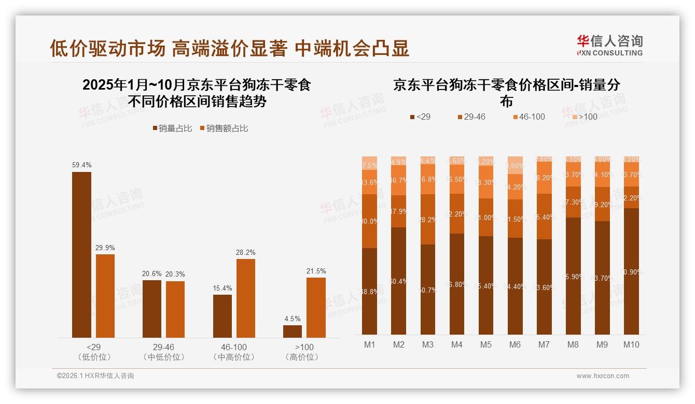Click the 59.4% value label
click(x=81, y=165)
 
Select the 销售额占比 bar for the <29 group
click(x=105, y=296)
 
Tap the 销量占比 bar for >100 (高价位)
click(x=293, y=331)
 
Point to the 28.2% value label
click(x=246, y=252)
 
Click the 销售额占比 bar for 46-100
click(x=246, y=298)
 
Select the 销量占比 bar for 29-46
click(x=152, y=309)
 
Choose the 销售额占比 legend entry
click(x=224, y=128)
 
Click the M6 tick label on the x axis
click(x=515, y=345)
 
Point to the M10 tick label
click(x=631, y=345)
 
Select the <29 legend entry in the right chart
click(x=420, y=117)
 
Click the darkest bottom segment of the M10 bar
click(x=631, y=271)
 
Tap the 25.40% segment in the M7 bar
click(x=544, y=217)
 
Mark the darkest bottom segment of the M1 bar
click(x=369, y=291)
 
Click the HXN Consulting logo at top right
click(x=609, y=45)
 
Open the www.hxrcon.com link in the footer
click(x=602, y=376)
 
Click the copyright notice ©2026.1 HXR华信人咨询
click(x=95, y=376)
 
